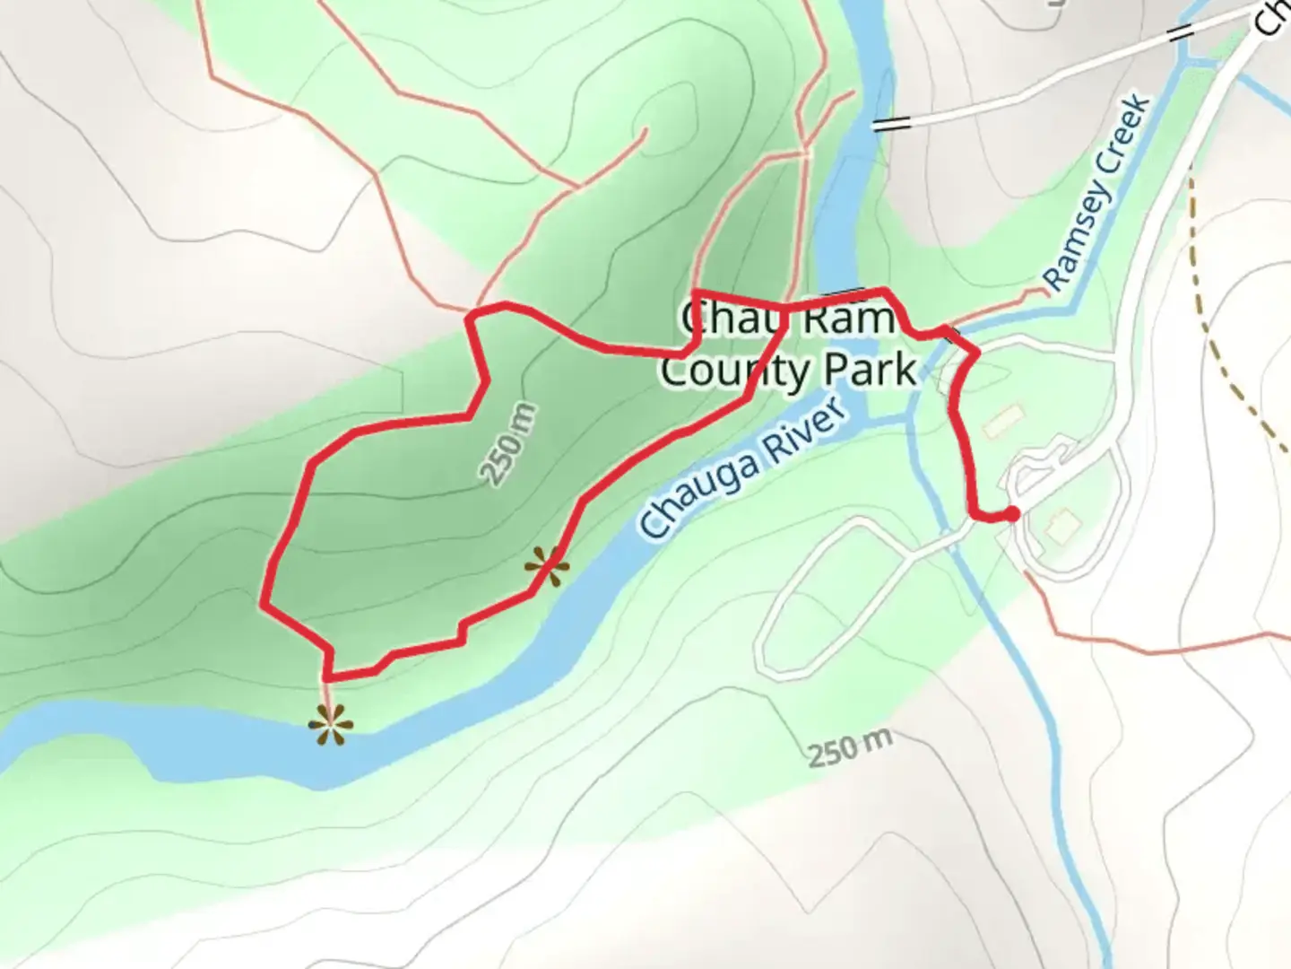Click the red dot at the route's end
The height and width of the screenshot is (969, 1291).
1011,514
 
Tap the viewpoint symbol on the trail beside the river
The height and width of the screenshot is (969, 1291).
547,567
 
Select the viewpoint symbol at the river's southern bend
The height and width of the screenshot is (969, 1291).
329,726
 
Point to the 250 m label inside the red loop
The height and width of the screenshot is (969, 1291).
509,445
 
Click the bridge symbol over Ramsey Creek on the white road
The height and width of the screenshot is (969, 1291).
1181,35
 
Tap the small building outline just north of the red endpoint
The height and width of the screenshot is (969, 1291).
1002,420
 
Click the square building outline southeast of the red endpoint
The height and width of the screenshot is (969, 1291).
1061,526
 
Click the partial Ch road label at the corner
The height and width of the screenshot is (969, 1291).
1272,17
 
